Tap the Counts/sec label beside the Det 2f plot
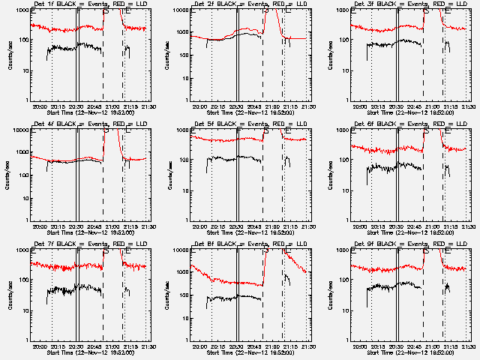click(x=169, y=54)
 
